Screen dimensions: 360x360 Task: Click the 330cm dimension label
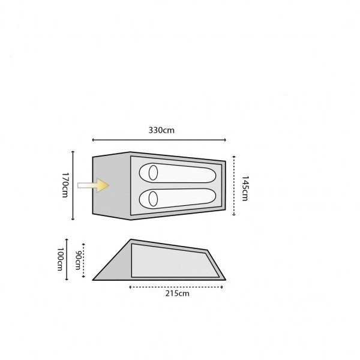coord(161,130)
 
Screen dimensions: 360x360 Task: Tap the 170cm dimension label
coord(65,185)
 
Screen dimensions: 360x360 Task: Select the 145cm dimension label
coord(245,188)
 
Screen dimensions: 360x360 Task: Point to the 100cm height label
coord(59,259)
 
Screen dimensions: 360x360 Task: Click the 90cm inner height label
coord(78,260)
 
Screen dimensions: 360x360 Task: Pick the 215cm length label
coord(177,293)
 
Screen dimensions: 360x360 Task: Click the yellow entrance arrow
coord(93,185)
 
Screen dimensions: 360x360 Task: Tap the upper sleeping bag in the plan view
coord(178,173)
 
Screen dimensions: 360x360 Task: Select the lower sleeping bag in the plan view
coord(178,199)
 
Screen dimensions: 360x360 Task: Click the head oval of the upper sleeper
coord(153,173)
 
